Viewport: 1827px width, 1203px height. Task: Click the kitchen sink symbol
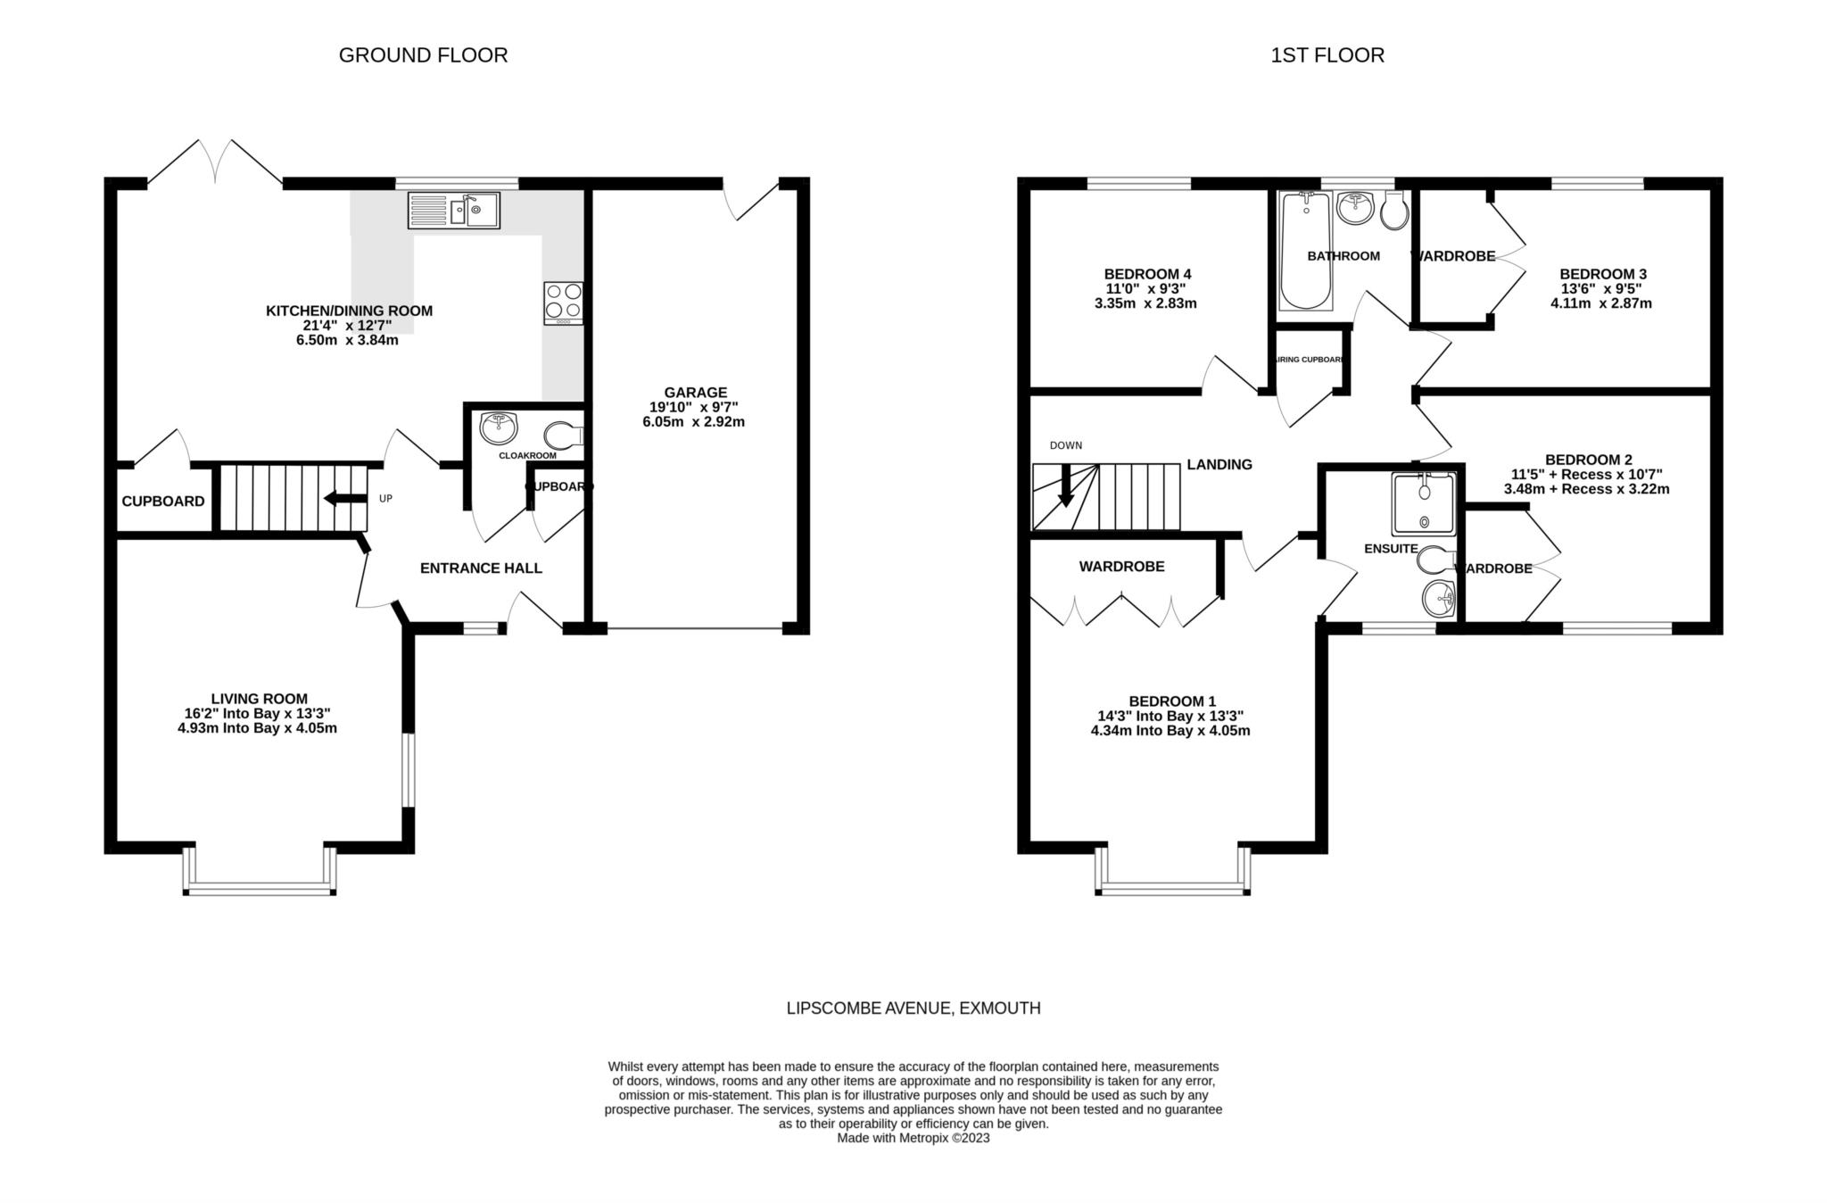pyautogui.click(x=453, y=212)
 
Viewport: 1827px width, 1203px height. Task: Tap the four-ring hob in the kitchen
pyautogui.click(x=564, y=303)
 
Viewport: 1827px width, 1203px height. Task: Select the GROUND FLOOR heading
pyautogui.click(x=423, y=55)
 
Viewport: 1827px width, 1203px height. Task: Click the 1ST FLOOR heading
pyautogui.click(x=1327, y=55)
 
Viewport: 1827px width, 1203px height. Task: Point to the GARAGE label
pyautogui.click(x=695, y=392)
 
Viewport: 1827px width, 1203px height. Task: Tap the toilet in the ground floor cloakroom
pyautogui.click(x=563, y=436)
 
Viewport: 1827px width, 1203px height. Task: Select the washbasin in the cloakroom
pyautogui.click(x=498, y=428)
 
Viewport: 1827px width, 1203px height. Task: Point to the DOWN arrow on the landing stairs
pyautogui.click(x=1065, y=486)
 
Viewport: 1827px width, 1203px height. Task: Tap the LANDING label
pyautogui.click(x=1219, y=464)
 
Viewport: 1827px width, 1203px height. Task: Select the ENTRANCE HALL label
pyautogui.click(x=481, y=568)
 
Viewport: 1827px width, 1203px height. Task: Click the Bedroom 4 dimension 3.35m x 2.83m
pyautogui.click(x=1145, y=303)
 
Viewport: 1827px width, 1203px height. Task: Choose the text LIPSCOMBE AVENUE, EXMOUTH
pyautogui.click(x=913, y=1008)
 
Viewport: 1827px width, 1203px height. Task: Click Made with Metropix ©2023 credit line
pyautogui.click(x=913, y=1138)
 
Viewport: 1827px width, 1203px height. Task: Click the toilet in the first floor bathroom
pyautogui.click(x=1393, y=212)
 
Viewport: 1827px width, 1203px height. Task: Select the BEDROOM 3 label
pyautogui.click(x=1602, y=274)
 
